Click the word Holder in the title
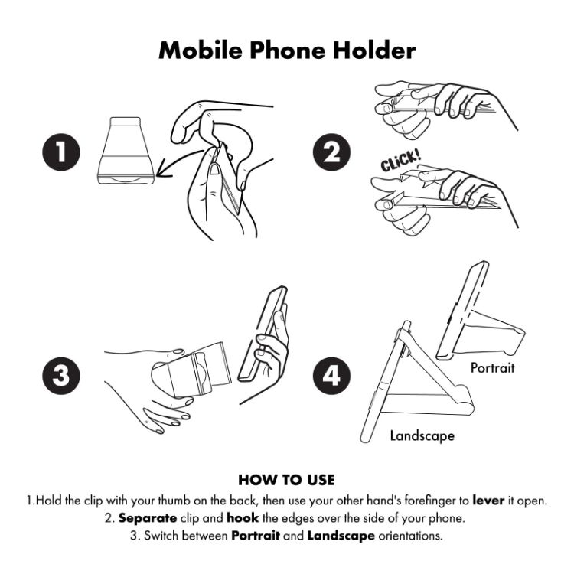pos(368,51)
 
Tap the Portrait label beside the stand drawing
pos(492,368)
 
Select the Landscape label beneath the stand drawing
pos(422,435)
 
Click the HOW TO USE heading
pos(286,481)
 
